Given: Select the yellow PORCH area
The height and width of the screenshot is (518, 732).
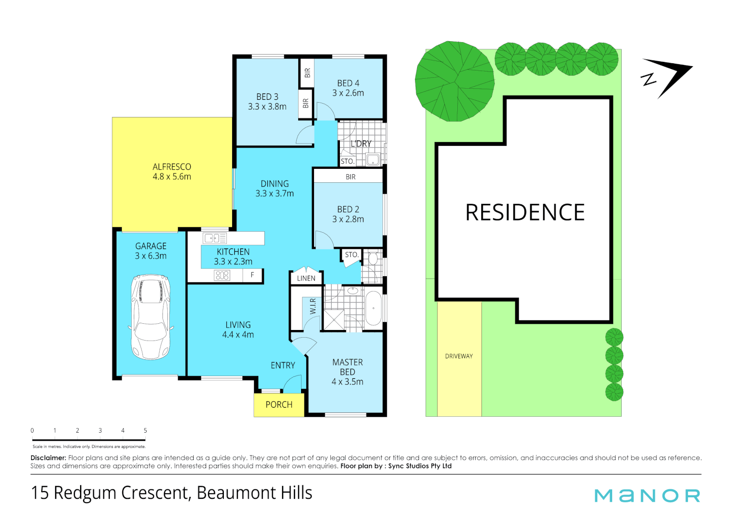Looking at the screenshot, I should (x=279, y=405).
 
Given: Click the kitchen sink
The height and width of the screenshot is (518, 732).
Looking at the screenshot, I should (x=214, y=238).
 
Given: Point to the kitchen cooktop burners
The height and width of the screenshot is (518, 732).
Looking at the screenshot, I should (x=222, y=275).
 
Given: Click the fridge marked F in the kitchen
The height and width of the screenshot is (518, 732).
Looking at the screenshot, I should (x=253, y=275).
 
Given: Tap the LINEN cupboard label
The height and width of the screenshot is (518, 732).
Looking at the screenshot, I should (x=306, y=278).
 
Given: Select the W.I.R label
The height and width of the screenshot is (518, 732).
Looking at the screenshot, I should (x=313, y=306).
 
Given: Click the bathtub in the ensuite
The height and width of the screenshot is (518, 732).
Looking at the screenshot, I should (x=373, y=308).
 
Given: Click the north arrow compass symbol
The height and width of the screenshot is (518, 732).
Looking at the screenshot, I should (x=666, y=77).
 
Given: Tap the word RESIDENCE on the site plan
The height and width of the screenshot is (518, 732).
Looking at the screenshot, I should (x=525, y=212).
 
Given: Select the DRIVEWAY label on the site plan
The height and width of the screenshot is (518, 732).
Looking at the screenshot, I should (x=459, y=356).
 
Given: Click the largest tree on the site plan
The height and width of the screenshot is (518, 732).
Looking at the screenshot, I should (x=454, y=82).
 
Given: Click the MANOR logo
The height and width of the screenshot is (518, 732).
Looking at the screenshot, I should (x=647, y=495).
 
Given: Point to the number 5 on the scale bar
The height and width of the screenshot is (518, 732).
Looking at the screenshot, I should (x=145, y=431).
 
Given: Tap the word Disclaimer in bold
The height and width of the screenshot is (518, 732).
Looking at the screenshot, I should (x=48, y=458).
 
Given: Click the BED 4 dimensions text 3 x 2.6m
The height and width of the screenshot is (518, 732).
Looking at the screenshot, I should (x=348, y=93).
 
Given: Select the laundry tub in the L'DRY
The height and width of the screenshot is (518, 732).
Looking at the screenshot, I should (x=373, y=159).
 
